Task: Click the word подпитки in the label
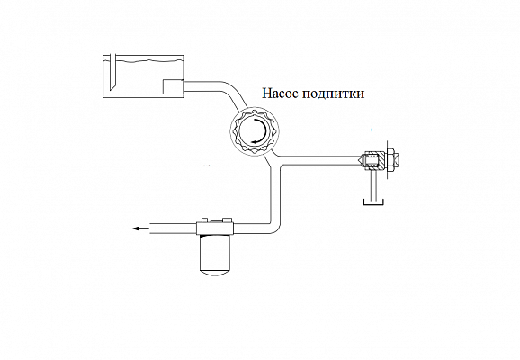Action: coord(334,94)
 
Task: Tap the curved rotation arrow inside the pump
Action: coord(261,131)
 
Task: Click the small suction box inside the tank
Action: coord(173,87)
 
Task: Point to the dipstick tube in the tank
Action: coord(112,71)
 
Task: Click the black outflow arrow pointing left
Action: coord(139,229)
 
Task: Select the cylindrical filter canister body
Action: coord(215,251)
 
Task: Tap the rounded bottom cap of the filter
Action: coord(215,272)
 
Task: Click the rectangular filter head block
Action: coord(215,228)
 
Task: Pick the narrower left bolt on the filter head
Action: coord(204,220)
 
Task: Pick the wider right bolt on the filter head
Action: coord(228,220)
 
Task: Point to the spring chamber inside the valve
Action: coord(372,160)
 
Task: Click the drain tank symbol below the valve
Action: coord(373,202)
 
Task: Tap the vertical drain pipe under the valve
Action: coord(373,185)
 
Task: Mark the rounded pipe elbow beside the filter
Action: coord(275,226)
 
